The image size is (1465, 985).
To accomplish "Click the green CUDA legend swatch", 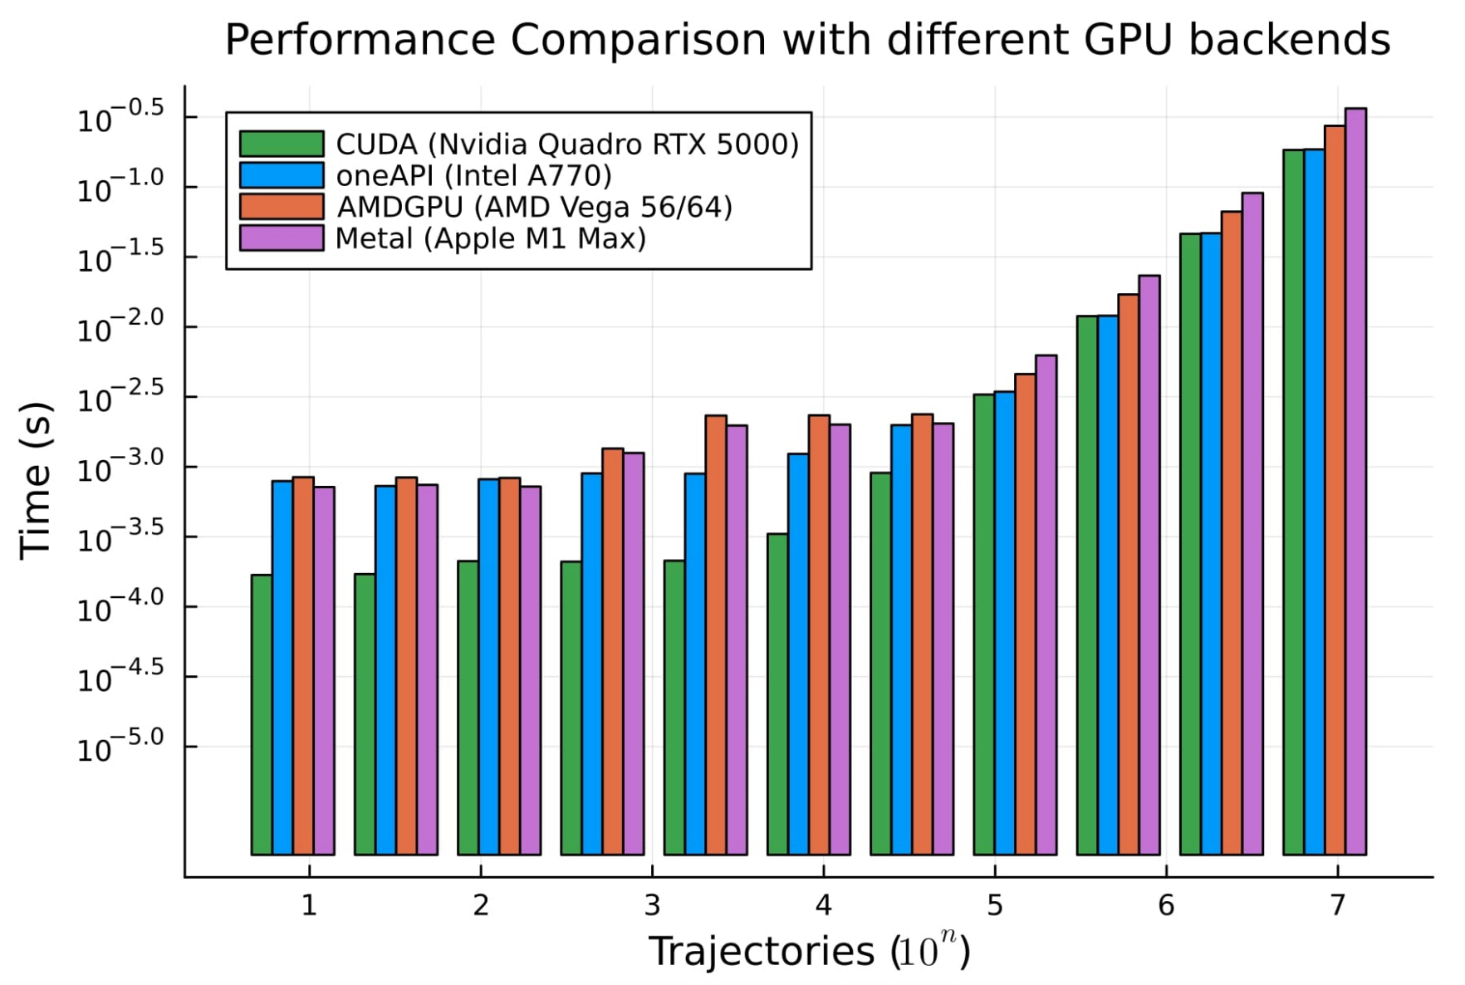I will click(x=282, y=144).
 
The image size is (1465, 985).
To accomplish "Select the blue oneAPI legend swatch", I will click(x=282, y=175).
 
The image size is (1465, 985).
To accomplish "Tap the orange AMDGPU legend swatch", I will click(x=282, y=207).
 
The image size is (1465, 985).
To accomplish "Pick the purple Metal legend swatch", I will click(x=282, y=238).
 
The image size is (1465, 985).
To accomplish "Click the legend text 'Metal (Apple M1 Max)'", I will click(x=490, y=238).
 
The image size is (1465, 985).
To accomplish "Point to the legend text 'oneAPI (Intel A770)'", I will click(x=473, y=175).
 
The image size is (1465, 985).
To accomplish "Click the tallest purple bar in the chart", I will click(x=1355, y=482).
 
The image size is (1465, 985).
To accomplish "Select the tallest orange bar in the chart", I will click(x=1335, y=490).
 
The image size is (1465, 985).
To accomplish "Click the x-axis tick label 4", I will click(x=823, y=906).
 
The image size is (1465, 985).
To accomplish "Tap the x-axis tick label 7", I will click(x=1337, y=906).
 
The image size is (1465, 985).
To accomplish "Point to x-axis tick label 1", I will click(x=309, y=906).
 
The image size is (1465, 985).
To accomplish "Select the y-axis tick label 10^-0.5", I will click(x=121, y=120).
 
